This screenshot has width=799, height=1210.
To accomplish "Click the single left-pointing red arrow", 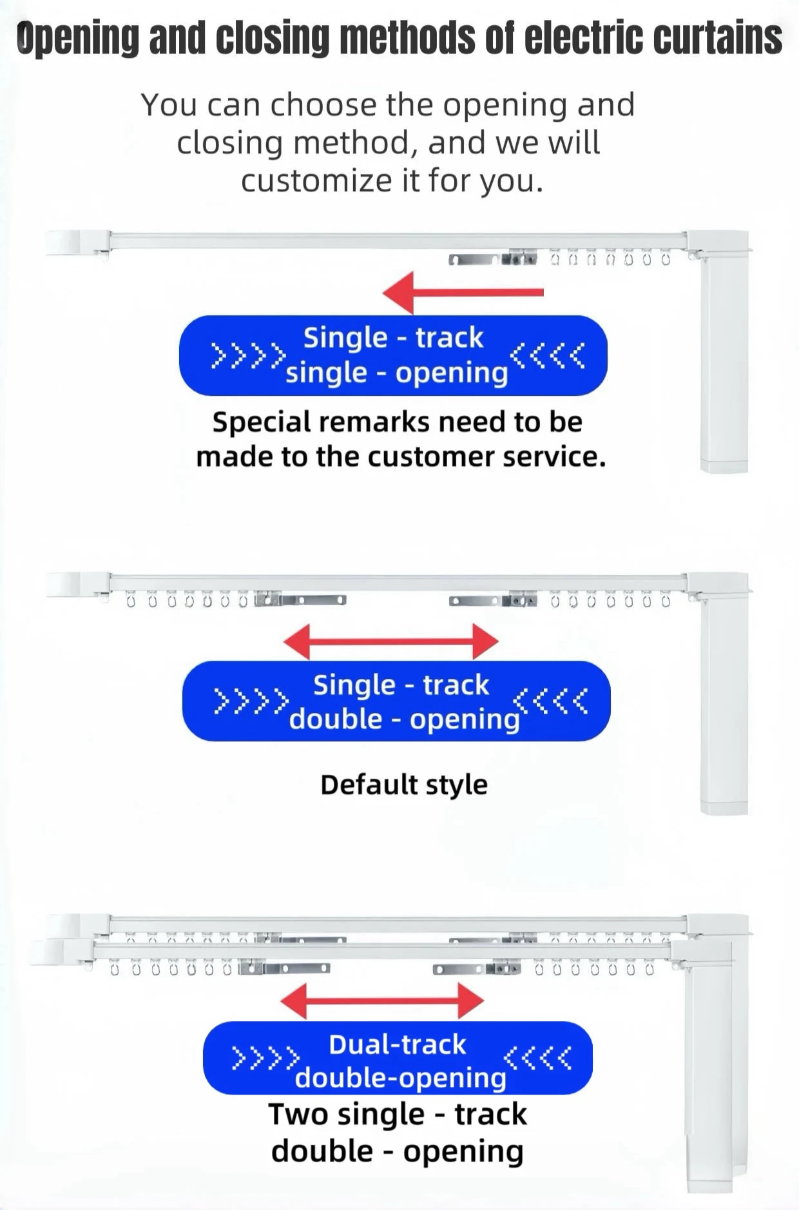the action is pos(463,292).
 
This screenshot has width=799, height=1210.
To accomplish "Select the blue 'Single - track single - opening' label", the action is pos(393,355).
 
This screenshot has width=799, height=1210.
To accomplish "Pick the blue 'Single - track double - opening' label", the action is pos(396,701).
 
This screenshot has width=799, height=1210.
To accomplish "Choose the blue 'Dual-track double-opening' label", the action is pos(398,1058).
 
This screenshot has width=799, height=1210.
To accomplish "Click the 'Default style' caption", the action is pos(404,785).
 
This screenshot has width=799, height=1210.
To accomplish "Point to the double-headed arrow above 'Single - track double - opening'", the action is pos(390,641).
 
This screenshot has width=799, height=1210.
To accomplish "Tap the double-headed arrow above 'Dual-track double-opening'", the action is pos(382,1000).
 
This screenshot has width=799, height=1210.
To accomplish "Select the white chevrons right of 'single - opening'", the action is pos(547,355).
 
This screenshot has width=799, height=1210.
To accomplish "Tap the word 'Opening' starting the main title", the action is pos(77,38).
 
